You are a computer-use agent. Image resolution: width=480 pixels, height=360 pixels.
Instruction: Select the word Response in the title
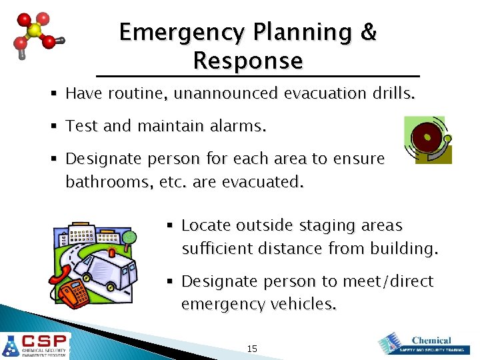point(248,61)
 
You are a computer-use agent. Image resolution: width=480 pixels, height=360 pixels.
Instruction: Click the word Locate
point(203,225)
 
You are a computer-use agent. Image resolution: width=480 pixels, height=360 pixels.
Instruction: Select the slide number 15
point(252,349)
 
